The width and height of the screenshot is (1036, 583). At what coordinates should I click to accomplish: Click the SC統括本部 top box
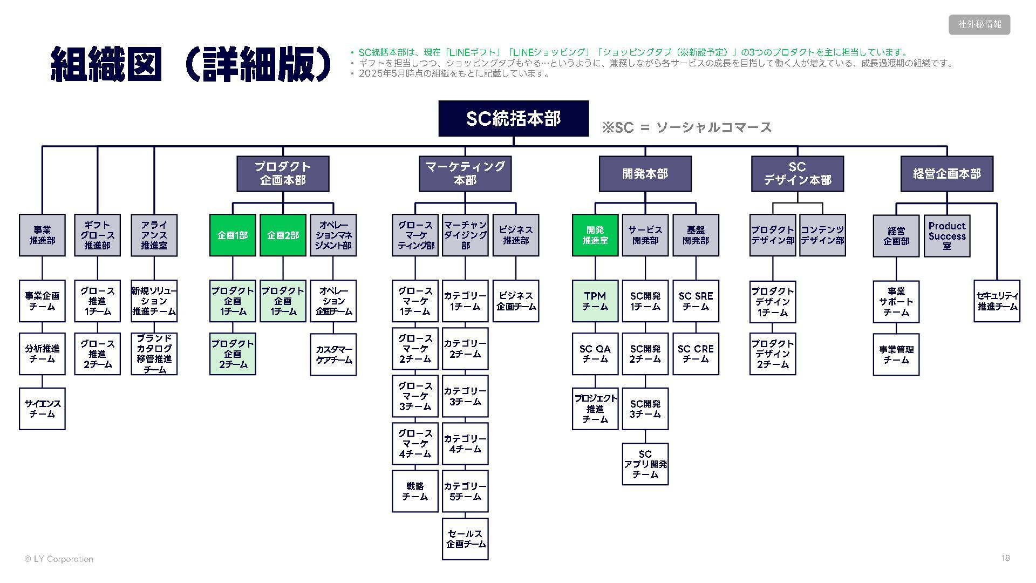pyautogui.click(x=513, y=118)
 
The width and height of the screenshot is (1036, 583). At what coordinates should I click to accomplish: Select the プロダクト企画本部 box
pyautogui.click(x=283, y=174)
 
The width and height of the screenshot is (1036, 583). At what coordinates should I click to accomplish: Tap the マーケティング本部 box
pyautogui.click(x=465, y=174)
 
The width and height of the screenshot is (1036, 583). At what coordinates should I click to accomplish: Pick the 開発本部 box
pyautogui.click(x=645, y=174)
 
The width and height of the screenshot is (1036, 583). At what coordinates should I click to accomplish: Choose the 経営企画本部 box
pyautogui.click(x=946, y=174)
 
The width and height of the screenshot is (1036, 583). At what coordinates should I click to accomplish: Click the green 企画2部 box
pyautogui.click(x=283, y=235)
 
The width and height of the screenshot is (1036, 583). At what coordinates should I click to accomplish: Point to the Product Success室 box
pyautogui.click(x=946, y=236)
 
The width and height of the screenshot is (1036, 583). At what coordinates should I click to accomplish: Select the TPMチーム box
pyautogui.click(x=595, y=301)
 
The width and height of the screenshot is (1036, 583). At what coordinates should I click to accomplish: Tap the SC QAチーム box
pyautogui.click(x=595, y=354)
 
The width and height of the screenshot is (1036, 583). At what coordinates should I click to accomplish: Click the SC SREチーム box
pyautogui.click(x=696, y=301)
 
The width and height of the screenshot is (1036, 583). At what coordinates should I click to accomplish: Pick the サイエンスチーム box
pyautogui.click(x=42, y=409)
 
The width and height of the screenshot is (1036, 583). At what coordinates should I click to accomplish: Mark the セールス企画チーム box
pyautogui.click(x=465, y=539)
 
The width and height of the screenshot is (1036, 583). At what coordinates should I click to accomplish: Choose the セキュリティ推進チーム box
pyautogui.click(x=997, y=301)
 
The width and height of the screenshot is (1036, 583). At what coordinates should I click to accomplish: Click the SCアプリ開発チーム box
pyautogui.click(x=645, y=464)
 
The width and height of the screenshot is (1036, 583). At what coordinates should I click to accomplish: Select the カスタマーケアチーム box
pyautogui.click(x=333, y=355)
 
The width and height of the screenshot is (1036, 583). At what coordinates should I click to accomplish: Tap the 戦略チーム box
pyautogui.click(x=415, y=491)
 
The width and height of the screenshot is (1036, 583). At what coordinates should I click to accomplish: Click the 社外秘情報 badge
pyautogui.click(x=979, y=24)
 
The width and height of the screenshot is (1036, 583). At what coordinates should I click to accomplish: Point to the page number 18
pyautogui.click(x=1005, y=558)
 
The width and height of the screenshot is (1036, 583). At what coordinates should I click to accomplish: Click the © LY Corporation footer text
pyautogui.click(x=59, y=559)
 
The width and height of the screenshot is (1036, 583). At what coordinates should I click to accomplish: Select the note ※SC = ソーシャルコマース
pyautogui.click(x=686, y=127)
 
